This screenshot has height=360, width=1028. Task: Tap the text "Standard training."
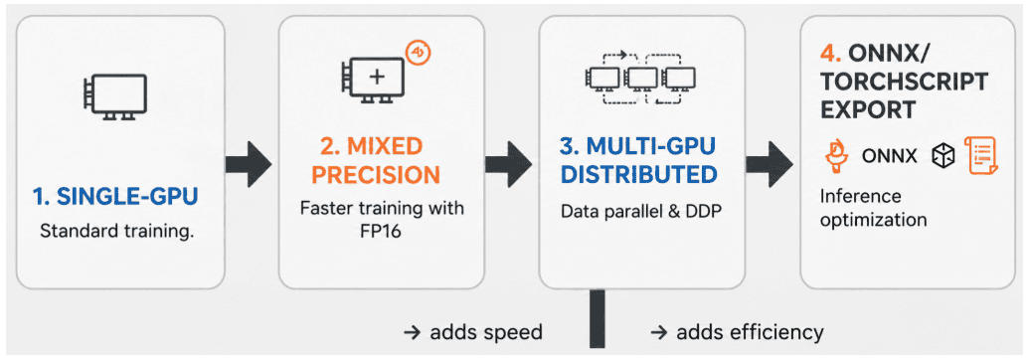[x=117, y=232]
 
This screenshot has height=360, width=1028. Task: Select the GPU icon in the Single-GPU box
[x=114, y=96]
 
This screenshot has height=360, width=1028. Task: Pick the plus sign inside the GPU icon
[x=377, y=76]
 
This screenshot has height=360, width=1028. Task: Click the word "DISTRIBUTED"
[x=640, y=175]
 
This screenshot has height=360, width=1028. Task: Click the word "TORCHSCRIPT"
[x=905, y=83]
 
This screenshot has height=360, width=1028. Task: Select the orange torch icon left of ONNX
[x=837, y=155]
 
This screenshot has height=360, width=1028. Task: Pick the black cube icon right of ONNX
[x=944, y=155]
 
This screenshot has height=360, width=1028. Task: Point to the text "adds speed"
[x=486, y=332]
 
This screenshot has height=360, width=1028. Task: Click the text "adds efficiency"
[x=750, y=332]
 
